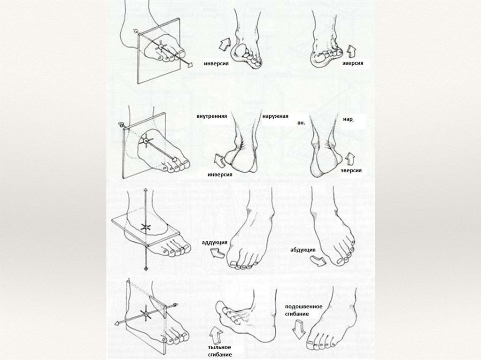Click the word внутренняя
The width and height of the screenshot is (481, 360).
coord(212,116)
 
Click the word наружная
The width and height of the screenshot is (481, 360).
coord(275,116)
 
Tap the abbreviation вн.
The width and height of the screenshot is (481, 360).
coord(301,123)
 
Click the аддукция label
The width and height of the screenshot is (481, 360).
coord(214,243)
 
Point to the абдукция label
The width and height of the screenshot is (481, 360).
coord(303,250)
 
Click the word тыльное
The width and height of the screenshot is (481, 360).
coord(219,347)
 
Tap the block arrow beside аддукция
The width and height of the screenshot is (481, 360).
coord(217,253)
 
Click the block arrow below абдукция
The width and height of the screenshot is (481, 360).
coord(318,261)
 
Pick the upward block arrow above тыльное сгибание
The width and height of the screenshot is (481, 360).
coord(217,335)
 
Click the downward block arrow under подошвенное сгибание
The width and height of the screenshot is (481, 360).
coord(298,329)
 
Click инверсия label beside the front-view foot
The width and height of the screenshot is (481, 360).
coord(216,64)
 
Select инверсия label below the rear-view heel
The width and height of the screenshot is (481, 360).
coord(220,175)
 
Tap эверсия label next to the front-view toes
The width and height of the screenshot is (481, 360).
coord(353,63)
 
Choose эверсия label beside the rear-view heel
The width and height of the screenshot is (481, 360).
coord(351,170)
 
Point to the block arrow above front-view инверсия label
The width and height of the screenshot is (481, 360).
coord(224,45)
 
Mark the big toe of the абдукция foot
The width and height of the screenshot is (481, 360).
coord(340,261)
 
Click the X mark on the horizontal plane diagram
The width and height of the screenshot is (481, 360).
coord(146,227)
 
